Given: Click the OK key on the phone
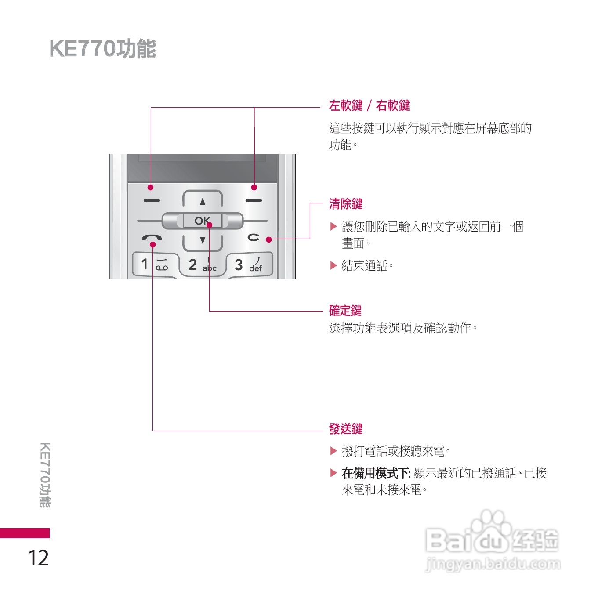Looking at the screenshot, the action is [202, 221].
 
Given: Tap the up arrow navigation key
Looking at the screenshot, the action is [203, 201].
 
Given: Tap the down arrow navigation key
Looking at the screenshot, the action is [203, 240].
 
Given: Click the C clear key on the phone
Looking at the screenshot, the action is [254, 237].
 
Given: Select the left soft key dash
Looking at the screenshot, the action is [152, 201].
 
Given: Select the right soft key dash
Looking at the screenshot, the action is [254, 201].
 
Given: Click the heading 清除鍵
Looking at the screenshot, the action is [346, 204].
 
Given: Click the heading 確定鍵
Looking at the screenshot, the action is [345, 311].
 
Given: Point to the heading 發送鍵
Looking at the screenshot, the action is [346, 429].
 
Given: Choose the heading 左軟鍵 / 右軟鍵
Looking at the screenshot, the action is [369, 105].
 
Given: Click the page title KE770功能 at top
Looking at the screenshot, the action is [102, 49].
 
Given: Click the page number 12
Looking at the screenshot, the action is [39, 558].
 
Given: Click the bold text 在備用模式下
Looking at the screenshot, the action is [376, 473].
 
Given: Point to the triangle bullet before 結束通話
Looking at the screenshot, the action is [333, 265].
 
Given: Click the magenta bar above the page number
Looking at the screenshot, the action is [25, 533].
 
